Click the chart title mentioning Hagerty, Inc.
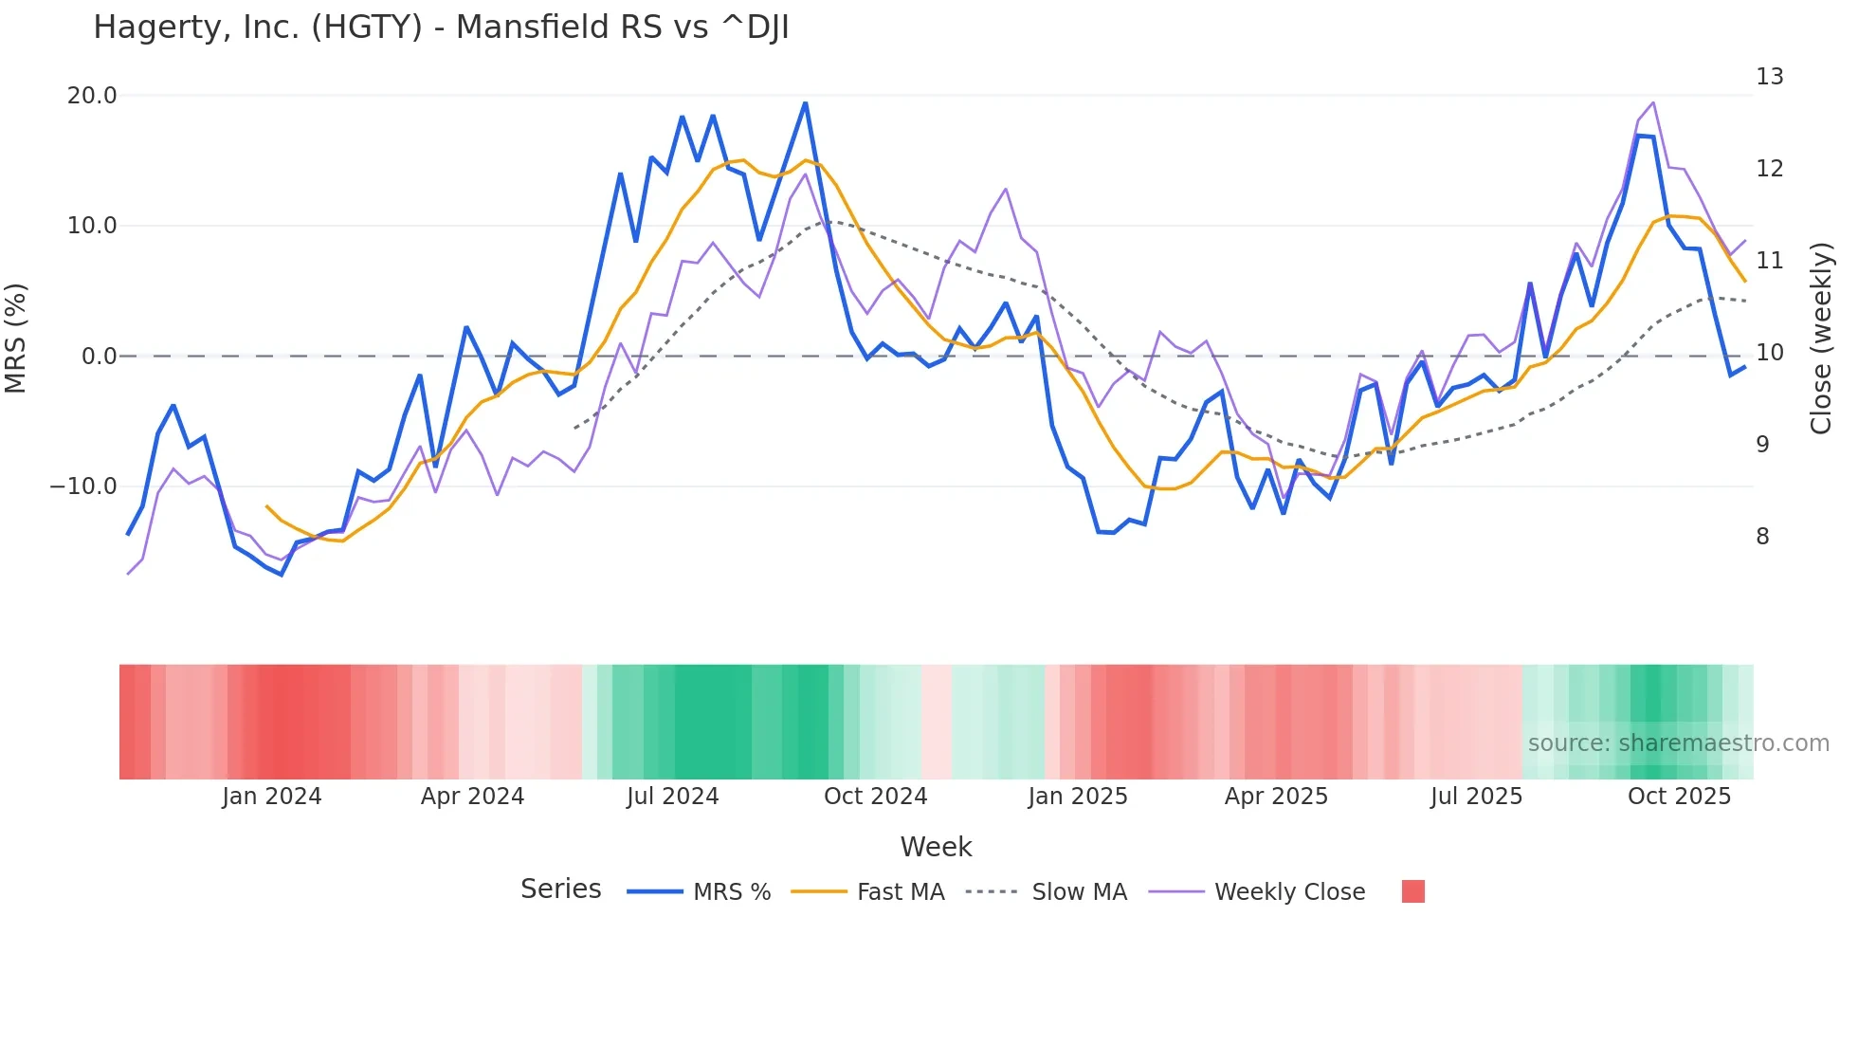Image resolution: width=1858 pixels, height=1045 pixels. pos(441,27)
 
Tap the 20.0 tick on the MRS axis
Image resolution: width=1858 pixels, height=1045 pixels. pos(92,96)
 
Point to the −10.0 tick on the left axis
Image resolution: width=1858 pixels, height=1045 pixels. pos(83,486)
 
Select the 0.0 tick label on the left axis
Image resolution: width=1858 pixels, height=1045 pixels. pos(99,357)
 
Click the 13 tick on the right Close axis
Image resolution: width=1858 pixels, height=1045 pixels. pos(1769,77)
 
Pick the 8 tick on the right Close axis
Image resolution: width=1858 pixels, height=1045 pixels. pos(1762,537)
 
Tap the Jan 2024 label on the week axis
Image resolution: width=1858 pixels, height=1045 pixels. pos(272,797)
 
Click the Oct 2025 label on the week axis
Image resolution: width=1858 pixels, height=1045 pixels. pos(1679,797)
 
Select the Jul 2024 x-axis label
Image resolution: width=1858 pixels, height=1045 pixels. pos(672,797)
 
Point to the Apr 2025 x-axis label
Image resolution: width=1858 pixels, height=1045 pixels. pos(1276,797)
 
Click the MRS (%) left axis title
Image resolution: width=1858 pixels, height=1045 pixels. pos(16,339)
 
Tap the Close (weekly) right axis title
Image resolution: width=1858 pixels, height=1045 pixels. pos(1821,339)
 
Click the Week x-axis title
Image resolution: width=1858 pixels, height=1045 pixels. pos(936,847)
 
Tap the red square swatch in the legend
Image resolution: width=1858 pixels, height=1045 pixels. pos(1412,891)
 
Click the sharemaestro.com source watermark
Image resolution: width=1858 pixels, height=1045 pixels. pos(1678,743)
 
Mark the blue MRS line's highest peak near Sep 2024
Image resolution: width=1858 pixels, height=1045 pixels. pos(806,103)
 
